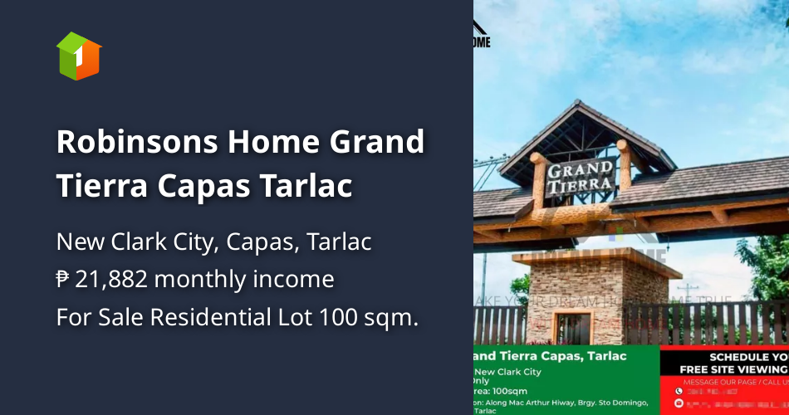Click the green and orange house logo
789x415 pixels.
tap(79, 56)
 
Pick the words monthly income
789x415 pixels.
tap(244, 280)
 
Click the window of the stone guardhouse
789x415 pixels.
tap(573, 328)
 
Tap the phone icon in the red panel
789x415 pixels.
tap(678, 390)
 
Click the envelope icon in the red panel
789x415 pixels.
tap(678, 403)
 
